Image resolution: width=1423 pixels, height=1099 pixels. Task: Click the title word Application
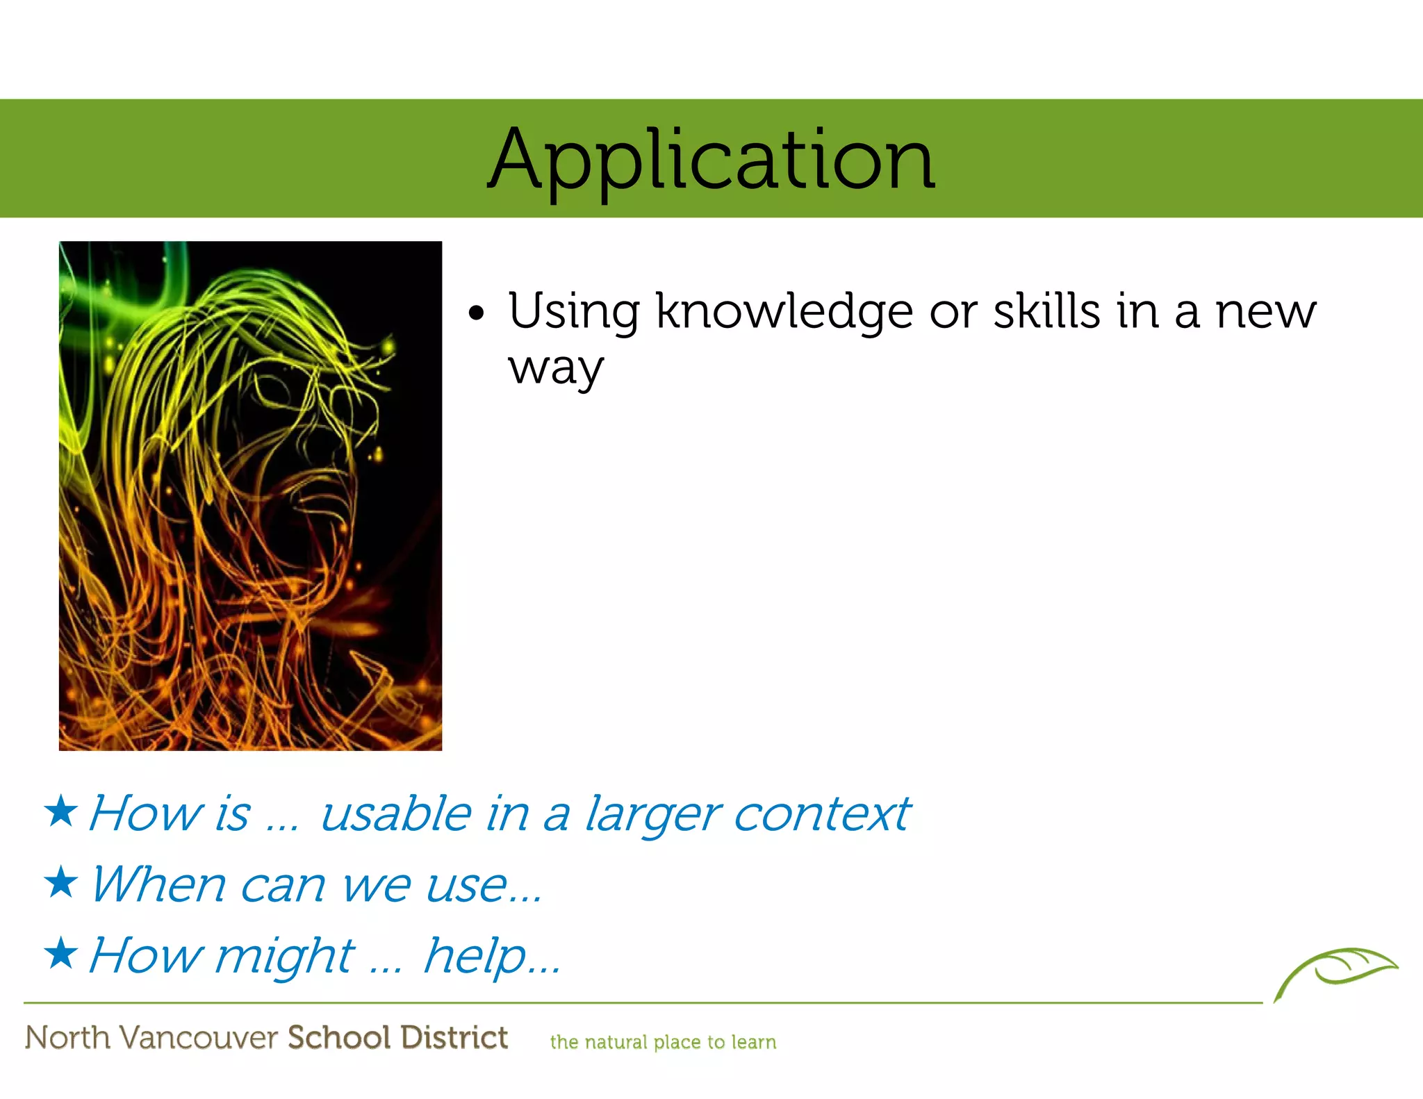[711, 161]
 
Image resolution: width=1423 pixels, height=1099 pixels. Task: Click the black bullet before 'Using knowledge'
[476, 313]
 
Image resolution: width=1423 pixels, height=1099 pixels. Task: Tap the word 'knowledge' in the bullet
[784, 312]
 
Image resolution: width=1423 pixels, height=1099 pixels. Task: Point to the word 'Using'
[574, 312]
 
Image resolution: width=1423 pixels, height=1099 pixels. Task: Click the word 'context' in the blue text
[821, 813]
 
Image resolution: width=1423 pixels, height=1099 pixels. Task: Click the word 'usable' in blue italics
[396, 813]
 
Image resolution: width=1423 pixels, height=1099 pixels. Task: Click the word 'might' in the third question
[285, 957]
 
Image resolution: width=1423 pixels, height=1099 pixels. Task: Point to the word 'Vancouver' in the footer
[199, 1038]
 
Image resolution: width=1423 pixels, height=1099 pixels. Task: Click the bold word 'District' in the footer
[454, 1037]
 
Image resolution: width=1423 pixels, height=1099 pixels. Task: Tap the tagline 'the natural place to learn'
[663, 1042]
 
